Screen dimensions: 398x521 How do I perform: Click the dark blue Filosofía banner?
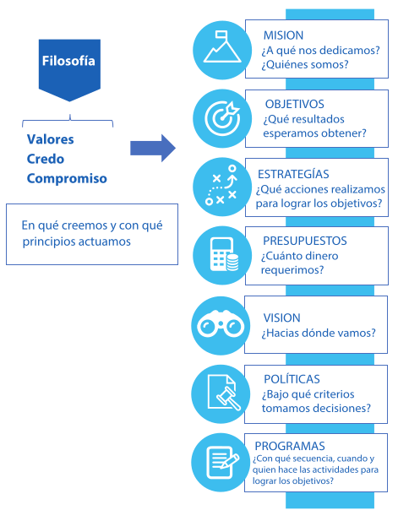[x=69, y=68]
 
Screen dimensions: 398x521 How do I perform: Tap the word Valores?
[x=50, y=139]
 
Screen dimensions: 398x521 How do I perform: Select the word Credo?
[x=46, y=159]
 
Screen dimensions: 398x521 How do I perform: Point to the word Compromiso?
[x=67, y=178]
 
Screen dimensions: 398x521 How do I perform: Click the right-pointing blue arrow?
[x=153, y=148]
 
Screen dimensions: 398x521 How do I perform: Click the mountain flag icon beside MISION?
[x=222, y=46]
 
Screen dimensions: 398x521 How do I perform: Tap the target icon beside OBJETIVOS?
[x=222, y=118]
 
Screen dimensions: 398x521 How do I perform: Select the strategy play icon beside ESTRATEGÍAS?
[x=221, y=185]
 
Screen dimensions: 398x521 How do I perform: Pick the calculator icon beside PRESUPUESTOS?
[x=224, y=254]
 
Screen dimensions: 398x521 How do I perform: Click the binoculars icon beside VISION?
[x=221, y=324]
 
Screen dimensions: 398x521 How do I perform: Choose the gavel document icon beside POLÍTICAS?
[x=223, y=393]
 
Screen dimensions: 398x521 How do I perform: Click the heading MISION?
[x=283, y=35]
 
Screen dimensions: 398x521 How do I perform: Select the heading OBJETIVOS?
[x=295, y=104]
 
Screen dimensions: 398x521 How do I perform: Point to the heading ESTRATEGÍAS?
[x=293, y=174]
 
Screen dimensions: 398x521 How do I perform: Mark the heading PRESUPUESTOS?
[x=305, y=241]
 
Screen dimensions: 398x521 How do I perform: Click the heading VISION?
[x=282, y=317]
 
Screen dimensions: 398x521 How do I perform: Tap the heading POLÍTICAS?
[x=292, y=378]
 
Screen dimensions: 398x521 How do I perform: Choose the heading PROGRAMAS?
[x=290, y=446]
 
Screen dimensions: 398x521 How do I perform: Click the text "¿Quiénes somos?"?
[x=305, y=64]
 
